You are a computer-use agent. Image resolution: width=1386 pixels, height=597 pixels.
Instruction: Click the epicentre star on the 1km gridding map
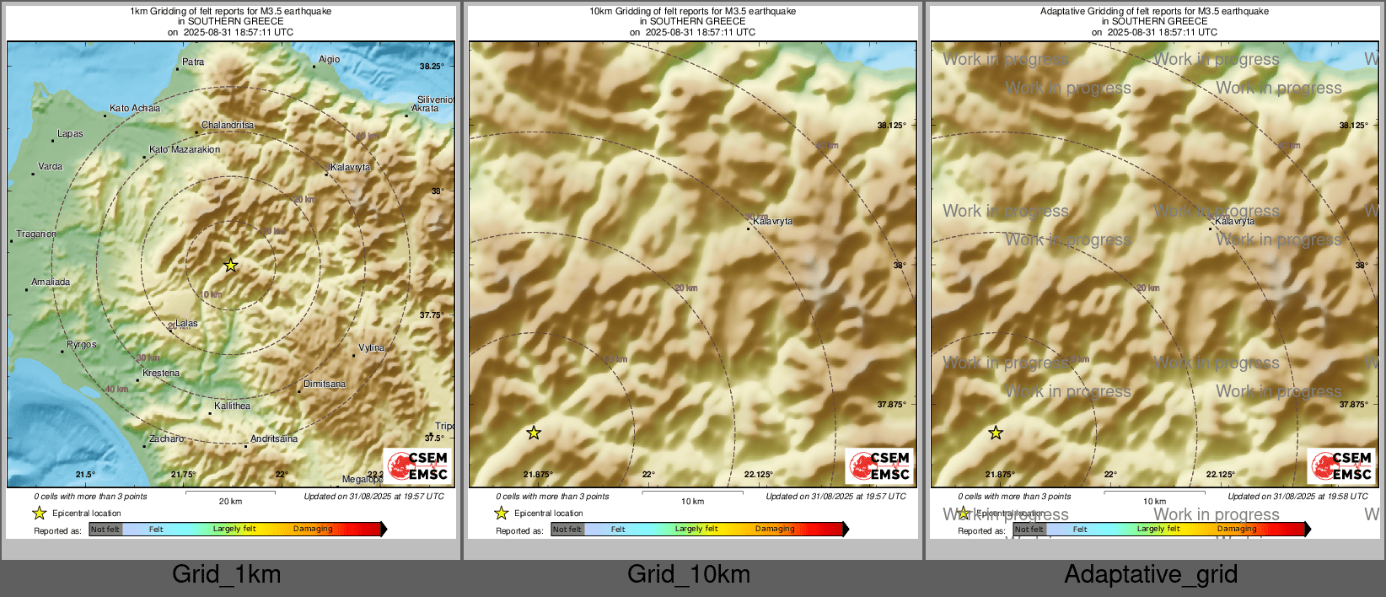coord(230,266)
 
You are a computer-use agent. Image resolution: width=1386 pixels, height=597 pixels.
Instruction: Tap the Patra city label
coord(193,62)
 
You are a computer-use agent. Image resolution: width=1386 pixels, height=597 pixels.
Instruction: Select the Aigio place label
coord(329,60)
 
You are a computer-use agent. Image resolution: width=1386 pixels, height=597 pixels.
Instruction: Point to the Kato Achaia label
coord(135,109)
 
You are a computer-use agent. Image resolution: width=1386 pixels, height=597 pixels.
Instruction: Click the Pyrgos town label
coord(82,345)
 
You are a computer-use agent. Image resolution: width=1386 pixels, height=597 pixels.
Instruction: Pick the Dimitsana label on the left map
coord(325,385)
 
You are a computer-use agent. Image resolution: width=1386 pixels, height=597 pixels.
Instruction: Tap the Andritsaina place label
coord(274,439)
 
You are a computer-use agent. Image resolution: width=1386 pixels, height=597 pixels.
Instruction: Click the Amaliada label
coord(51,282)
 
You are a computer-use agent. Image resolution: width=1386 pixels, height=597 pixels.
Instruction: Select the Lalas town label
coord(186,324)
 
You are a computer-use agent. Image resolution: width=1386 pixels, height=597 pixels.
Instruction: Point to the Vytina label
coord(371,348)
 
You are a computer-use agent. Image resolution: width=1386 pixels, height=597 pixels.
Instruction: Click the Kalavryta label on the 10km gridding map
coord(772,222)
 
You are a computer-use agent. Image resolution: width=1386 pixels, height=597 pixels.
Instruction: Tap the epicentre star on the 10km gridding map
coord(534,433)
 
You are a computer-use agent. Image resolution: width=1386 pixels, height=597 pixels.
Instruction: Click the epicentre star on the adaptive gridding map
coord(996,433)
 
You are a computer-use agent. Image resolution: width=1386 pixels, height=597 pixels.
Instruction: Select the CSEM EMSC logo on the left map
coord(418,466)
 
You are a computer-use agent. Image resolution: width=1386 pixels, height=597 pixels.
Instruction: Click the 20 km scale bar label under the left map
coord(230,502)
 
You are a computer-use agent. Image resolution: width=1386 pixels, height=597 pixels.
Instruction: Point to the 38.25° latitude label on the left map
coord(432,67)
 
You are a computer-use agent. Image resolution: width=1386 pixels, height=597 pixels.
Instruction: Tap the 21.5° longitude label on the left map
coord(85,475)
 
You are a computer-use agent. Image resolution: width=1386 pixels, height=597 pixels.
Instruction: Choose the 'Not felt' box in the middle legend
coord(567,530)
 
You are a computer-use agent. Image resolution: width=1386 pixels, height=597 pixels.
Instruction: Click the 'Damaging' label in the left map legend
coord(313,530)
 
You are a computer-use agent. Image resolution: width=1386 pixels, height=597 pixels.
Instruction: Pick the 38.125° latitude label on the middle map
coord(891,126)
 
